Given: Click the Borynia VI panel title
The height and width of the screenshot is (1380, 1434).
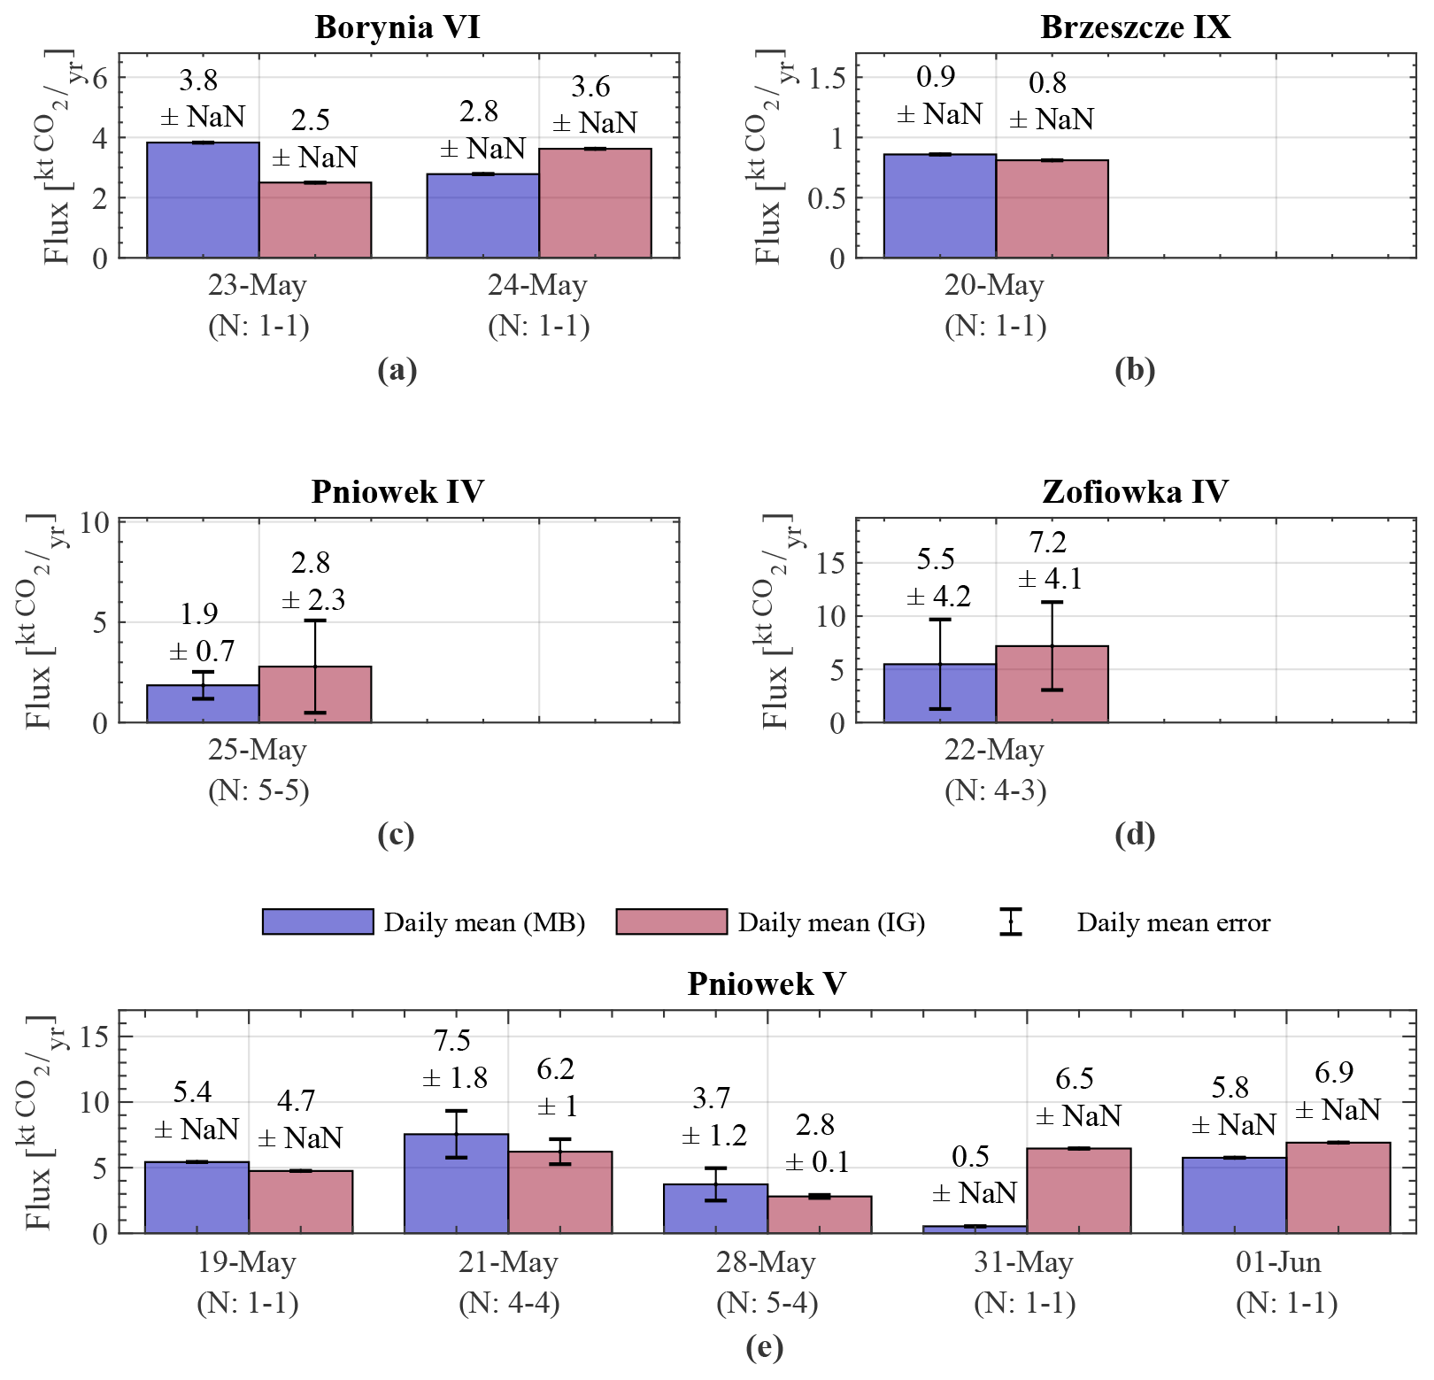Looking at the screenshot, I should pyautogui.click(x=397, y=27).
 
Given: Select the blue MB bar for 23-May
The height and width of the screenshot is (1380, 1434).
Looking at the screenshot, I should pyautogui.click(x=203, y=200).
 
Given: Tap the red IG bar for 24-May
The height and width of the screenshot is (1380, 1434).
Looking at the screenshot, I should pyautogui.click(x=595, y=204).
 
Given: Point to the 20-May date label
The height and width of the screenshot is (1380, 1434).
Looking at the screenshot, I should pyautogui.click(x=994, y=286).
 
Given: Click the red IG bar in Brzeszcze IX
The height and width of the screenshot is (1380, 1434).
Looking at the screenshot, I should pyautogui.click(x=1052, y=209).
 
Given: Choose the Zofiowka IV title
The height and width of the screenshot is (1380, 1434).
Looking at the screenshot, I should pyautogui.click(x=1135, y=491).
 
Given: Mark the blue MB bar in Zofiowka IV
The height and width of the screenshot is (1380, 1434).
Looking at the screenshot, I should pyautogui.click(x=939, y=693).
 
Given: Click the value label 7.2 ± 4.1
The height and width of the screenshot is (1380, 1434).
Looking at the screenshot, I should pyautogui.click(x=1049, y=560).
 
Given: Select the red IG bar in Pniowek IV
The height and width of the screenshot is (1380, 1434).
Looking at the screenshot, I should pyautogui.click(x=315, y=695).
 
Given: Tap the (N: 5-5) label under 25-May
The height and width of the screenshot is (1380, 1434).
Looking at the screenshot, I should pyautogui.click(x=258, y=790).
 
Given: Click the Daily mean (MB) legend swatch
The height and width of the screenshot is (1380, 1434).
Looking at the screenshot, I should pyautogui.click(x=318, y=921).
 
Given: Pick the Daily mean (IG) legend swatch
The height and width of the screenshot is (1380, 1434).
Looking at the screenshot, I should pyautogui.click(x=671, y=921).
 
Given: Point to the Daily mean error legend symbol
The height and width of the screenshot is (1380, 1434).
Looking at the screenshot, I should pyautogui.click(x=1010, y=921).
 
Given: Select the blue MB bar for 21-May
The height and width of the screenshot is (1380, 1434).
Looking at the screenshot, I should pyautogui.click(x=456, y=1183).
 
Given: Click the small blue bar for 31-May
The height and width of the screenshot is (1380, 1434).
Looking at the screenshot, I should pyautogui.click(x=975, y=1229).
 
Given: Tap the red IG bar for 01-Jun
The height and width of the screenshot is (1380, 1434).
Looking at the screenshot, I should pyautogui.click(x=1338, y=1188).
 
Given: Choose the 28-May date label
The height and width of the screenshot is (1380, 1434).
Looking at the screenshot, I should pyautogui.click(x=767, y=1262).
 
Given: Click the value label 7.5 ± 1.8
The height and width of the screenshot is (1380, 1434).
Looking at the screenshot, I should pyautogui.click(x=455, y=1060).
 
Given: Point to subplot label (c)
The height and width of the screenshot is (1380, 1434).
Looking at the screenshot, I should pyautogui.click(x=396, y=835).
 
